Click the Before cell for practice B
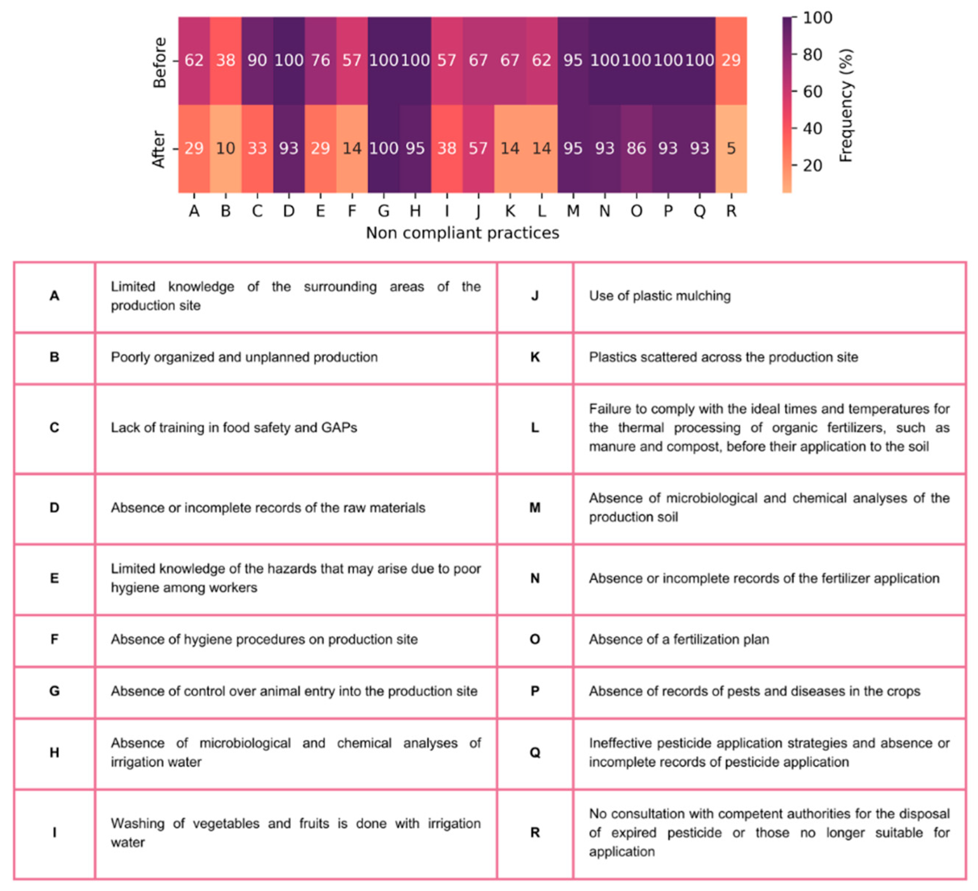(x=225, y=61)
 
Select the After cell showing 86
(x=636, y=148)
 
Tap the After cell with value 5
(x=731, y=148)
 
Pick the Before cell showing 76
(x=320, y=61)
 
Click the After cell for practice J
(x=478, y=148)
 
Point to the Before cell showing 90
(x=257, y=61)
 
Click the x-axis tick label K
(x=510, y=211)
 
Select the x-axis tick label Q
(x=699, y=211)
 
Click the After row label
(x=159, y=149)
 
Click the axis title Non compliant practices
(x=462, y=233)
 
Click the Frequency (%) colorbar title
(x=846, y=105)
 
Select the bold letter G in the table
(x=54, y=691)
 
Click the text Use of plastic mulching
(x=660, y=296)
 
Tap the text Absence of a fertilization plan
(x=679, y=640)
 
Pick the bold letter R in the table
(x=535, y=833)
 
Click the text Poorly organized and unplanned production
(x=244, y=357)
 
